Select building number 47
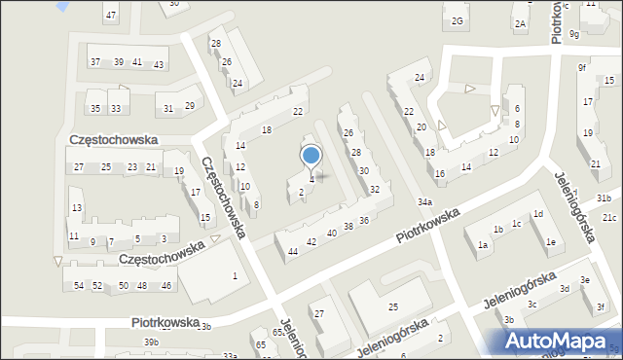point(111,15)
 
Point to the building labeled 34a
point(425,201)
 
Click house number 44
point(293,251)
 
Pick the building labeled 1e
point(551,242)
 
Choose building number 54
point(79,285)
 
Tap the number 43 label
point(158,64)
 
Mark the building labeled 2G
point(457,20)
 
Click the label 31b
point(605,198)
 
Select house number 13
point(76,208)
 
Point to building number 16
point(440,173)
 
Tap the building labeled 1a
point(482,245)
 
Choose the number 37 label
point(95,61)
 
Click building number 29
point(189,105)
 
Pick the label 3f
point(601,307)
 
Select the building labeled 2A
point(521,23)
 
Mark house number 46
point(166,285)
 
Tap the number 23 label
point(131,167)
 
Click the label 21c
point(609,217)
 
